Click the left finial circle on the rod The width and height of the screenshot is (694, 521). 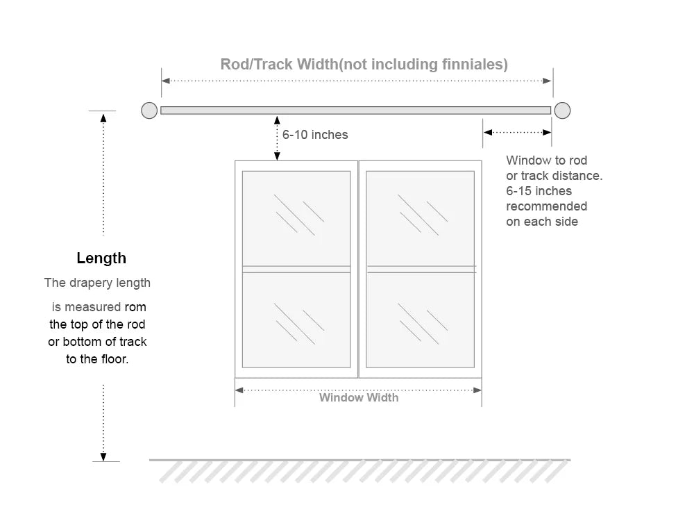[x=149, y=110]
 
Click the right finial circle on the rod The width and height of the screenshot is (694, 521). [x=562, y=110]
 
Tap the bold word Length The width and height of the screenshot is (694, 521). [x=101, y=258]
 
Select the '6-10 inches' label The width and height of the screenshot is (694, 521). [x=315, y=135]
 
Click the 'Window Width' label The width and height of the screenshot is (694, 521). [x=359, y=398]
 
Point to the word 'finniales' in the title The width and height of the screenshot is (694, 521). [x=475, y=65]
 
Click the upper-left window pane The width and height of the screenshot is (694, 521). [x=296, y=217]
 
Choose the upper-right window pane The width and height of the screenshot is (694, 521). [x=421, y=217]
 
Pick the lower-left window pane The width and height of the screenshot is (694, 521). [x=296, y=320]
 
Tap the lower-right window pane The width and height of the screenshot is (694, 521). [x=421, y=320]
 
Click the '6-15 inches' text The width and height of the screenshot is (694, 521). [x=539, y=191]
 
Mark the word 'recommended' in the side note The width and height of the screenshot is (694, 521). [x=546, y=206]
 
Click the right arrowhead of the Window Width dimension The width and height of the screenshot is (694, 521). [x=477, y=390]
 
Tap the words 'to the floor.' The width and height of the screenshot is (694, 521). [x=97, y=360]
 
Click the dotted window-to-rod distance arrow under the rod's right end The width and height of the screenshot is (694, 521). [x=517, y=132]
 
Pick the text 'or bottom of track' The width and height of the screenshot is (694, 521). [x=97, y=342]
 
